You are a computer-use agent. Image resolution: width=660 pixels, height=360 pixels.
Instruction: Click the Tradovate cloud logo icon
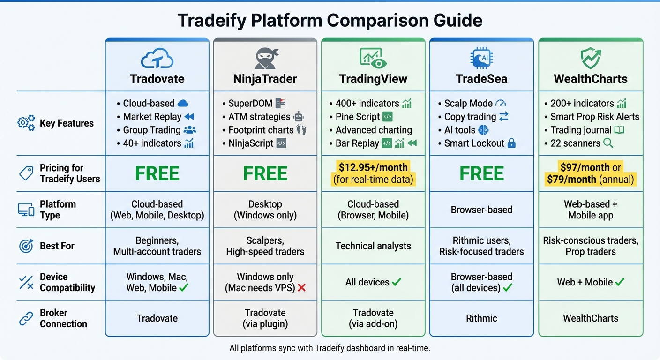[157, 59]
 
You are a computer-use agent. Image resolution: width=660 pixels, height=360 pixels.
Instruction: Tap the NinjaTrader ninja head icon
[265, 58]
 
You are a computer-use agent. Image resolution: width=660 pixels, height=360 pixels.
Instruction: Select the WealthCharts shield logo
[590, 58]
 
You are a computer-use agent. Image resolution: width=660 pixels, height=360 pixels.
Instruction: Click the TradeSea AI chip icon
[481, 58]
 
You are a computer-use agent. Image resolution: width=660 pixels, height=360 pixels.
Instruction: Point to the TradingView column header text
[373, 79]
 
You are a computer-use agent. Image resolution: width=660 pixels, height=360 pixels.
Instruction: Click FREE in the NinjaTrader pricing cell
[265, 174]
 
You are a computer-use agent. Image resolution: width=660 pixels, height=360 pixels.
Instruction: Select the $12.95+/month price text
[373, 167]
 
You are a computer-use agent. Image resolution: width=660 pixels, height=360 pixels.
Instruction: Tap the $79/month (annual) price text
[590, 179]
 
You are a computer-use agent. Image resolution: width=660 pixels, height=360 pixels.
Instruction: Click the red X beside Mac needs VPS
[302, 288]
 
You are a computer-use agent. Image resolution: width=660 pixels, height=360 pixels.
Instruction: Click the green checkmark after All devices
[397, 282]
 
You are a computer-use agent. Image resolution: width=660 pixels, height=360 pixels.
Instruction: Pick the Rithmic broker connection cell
[481, 318]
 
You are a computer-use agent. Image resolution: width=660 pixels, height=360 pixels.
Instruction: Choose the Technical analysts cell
[373, 246]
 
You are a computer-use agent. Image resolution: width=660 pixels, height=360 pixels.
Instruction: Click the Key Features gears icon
[26, 123]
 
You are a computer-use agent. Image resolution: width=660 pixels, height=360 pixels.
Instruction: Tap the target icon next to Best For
[26, 246]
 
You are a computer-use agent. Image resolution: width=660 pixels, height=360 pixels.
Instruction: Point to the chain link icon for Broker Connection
[26, 318]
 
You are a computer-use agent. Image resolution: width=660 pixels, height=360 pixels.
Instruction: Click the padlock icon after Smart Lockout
[511, 143]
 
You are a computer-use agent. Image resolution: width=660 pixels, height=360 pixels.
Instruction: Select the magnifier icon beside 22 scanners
[608, 143]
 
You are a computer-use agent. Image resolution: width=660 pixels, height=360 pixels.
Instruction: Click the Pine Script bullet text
[357, 117]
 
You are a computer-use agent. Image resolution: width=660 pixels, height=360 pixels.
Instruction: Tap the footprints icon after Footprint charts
[301, 130]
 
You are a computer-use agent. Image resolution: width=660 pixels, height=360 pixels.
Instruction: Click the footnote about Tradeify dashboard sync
[330, 348]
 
